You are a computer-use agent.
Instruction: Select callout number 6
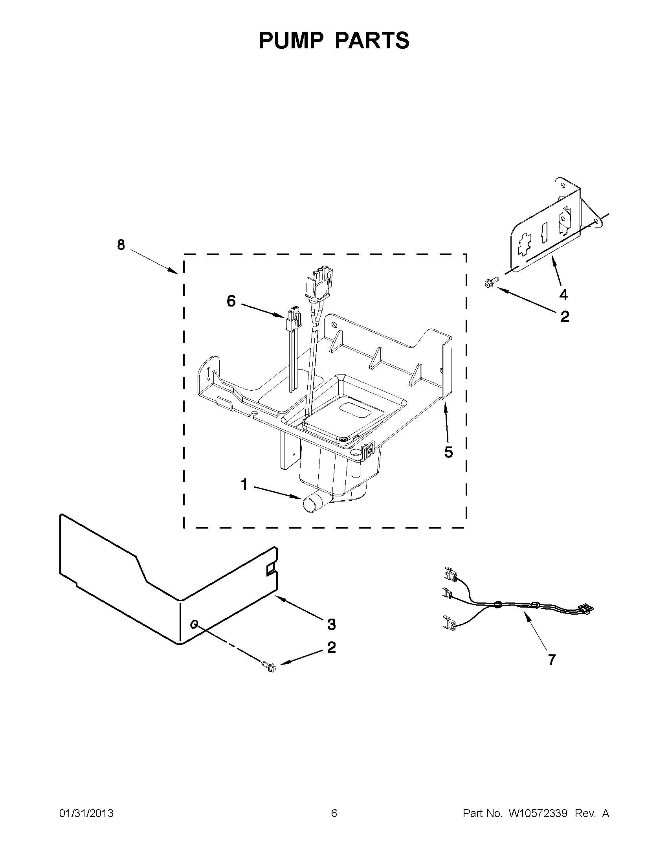[231, 301]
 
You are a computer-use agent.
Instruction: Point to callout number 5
[448, 452]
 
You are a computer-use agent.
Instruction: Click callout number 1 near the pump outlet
[244, 485]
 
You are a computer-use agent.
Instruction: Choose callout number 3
[331, 624]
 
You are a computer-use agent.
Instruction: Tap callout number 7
[551, 659]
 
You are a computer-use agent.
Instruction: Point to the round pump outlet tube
[310, 505]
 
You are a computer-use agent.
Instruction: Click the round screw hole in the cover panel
[194, 624]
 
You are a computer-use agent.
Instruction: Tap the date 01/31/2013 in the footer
[86, 814]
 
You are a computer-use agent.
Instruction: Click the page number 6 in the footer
[334, 814]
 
